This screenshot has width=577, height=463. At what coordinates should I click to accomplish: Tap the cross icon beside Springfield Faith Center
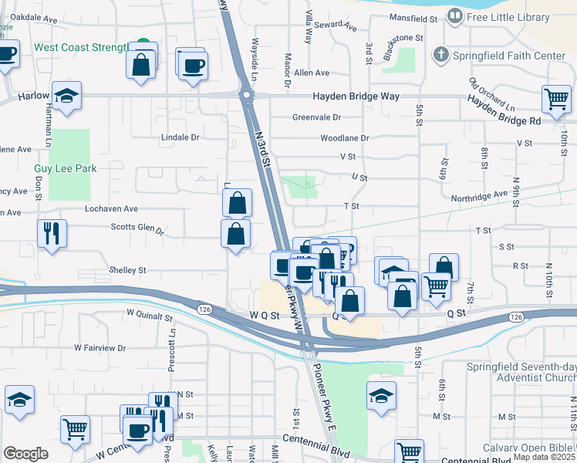click(440, 56)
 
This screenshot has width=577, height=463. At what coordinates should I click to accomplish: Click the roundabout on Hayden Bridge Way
click(246, 96)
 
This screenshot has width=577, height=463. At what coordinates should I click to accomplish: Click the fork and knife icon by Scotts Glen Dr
click(52, 232)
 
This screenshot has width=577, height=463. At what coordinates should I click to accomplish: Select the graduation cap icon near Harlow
click(67, 96)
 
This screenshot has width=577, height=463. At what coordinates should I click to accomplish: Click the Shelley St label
click(127, 271)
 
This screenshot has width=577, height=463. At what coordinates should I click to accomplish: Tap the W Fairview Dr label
click(100, 348)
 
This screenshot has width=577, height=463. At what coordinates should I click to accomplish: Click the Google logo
click(26, 453)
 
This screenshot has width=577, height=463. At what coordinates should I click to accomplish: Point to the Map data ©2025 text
click(544, 457)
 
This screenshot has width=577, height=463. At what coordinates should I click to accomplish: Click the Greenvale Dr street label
click(316, 117)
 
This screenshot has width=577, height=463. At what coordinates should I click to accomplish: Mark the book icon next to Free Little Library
click(455, 16)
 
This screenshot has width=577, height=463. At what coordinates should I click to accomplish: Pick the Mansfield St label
click(413, 17)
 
